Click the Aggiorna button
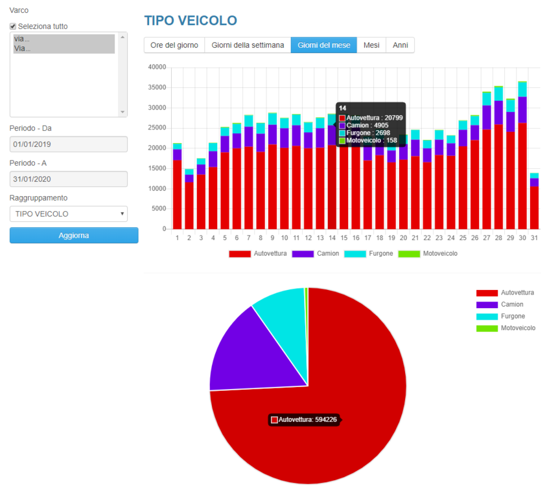[74, 236]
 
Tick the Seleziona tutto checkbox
[13, 27]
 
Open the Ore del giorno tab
[174, 45]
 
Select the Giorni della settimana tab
[248, 45]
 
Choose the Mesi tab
[371, 45]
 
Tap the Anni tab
[401, 45]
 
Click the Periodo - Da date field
[68, 144]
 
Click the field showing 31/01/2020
[68, 179]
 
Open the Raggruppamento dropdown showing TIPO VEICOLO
[68, 214]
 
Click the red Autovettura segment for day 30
[522, 176]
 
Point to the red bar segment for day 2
[189, 205]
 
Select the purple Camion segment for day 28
[498, 113]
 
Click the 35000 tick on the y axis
[157, 87]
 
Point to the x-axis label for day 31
[534, 238]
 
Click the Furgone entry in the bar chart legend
[369, 254]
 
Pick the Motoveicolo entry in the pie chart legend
[506, 328]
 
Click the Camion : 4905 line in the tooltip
[364, 126]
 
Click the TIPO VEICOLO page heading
[191, 21]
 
